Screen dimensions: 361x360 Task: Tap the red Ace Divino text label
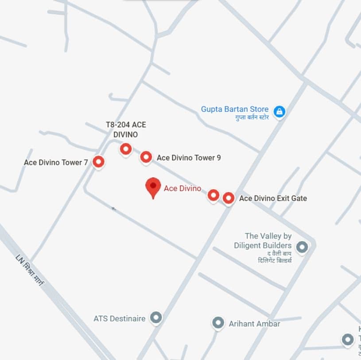click(x=182, y=188)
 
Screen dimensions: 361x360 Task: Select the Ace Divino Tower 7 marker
click(x=98, y=162)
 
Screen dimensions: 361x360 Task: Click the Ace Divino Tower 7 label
click(x=56, y=163)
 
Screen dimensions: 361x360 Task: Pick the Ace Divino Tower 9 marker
click(x=146, y=157)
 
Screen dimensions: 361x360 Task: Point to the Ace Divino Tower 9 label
click(x=189, y=158)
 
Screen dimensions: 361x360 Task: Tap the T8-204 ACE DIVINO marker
click(x=126, y=149)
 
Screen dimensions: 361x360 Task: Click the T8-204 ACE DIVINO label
click(x=126, y=129)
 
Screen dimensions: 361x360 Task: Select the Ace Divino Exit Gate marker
click(x=228, y=198)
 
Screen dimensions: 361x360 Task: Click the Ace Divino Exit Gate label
click(x=273, y=199)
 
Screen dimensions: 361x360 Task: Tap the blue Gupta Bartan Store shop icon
click(x=279, y=111)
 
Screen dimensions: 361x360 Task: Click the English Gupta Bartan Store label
click(x=235, y=109)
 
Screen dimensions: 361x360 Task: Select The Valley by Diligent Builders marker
click(x=302, y=247)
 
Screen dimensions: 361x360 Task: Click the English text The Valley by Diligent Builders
click(x=268, y=241)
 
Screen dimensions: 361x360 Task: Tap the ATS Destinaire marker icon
click(x=155, y=317)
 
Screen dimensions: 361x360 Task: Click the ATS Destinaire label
click(x=120, y=318)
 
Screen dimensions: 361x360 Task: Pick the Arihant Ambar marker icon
click(x=217, y=323)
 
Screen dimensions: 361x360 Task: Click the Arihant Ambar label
click(x=254, y=324)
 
